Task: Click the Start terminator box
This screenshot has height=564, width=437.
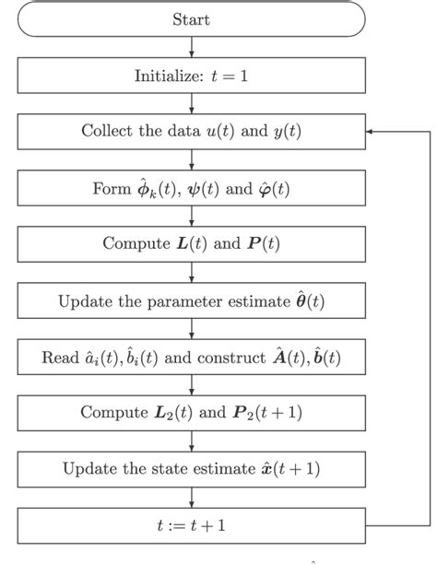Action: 191,18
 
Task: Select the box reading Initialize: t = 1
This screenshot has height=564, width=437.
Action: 191,76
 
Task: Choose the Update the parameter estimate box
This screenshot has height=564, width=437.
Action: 191,300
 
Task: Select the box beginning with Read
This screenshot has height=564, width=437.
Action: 191,357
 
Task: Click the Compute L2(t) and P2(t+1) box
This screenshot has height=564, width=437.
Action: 191,413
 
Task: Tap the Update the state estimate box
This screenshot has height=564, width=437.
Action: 191,469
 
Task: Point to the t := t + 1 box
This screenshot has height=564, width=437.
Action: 191,525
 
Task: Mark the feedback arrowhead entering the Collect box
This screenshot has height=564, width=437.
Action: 370,132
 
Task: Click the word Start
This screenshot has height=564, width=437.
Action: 191,18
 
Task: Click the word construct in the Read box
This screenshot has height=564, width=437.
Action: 230,358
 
